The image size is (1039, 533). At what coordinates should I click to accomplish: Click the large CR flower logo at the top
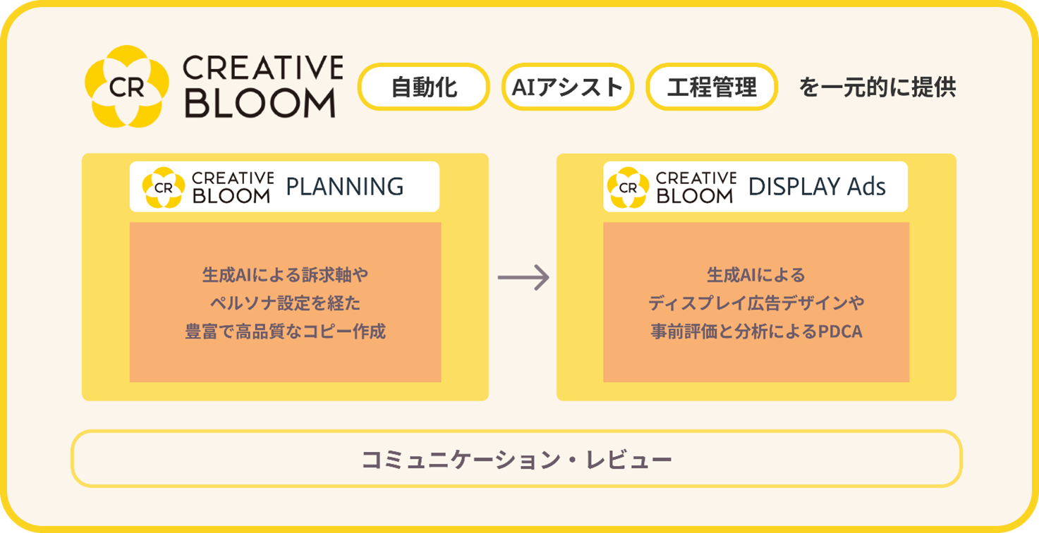(x=127, y=86)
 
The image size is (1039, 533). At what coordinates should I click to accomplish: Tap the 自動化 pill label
(x=424, y=87)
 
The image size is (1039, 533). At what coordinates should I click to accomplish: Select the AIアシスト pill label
(x=567, y=87)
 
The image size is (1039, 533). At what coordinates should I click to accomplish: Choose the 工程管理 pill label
(x=712, y=87)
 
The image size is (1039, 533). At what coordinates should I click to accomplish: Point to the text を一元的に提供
(x=877, y=87)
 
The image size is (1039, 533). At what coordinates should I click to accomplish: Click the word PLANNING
(x=345, y=186)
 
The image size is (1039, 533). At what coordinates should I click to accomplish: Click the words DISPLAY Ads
(x=817, y=186)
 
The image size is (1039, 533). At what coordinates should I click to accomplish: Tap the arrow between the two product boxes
(x=523, y=278)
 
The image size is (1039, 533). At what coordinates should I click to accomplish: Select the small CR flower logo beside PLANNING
(x=163, y=188)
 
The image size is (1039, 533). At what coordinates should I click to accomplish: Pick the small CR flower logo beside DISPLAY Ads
(x=628, y=188)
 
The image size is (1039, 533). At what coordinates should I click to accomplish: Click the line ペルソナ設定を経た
(x=285, y=303)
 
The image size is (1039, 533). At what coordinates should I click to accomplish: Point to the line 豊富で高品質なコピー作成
(x=285, y=331)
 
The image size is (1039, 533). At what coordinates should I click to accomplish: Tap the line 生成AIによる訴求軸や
(x=285, y=275)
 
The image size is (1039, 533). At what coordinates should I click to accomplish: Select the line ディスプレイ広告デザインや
(x=756, y=303)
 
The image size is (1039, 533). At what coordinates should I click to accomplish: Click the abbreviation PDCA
(x=840, y=331)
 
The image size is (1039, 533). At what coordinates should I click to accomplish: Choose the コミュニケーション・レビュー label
(x=517, y=460)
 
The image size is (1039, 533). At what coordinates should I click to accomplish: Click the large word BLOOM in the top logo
(x=260, y=102)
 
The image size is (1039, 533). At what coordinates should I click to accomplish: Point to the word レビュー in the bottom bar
(x=629, y=460)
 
